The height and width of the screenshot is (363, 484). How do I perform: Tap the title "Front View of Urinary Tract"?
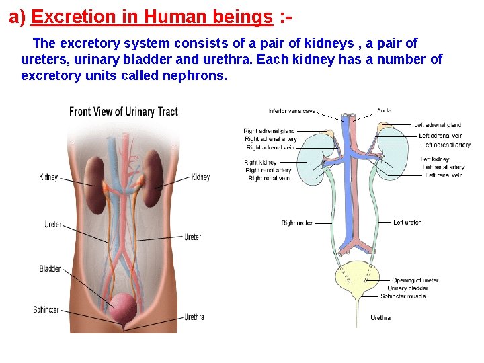123,111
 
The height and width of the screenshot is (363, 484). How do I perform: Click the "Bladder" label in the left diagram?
50,269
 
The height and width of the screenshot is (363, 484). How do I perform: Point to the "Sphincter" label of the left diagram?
46,310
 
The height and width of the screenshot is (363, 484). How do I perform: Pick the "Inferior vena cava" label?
292,111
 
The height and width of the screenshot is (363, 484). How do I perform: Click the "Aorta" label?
385,110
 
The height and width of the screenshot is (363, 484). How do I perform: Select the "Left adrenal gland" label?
438,125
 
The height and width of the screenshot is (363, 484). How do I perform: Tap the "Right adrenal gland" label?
269,131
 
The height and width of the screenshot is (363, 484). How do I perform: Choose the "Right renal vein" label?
269,178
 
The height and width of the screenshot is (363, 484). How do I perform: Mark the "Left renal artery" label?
444,167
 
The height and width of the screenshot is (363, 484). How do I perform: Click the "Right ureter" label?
296,223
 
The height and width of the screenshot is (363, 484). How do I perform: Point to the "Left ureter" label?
407,223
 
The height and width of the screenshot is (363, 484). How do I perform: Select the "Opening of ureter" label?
415,280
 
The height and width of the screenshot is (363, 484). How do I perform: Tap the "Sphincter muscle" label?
404,296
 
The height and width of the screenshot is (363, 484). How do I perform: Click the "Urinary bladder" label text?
407,288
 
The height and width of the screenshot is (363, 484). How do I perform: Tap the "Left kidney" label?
435,159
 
